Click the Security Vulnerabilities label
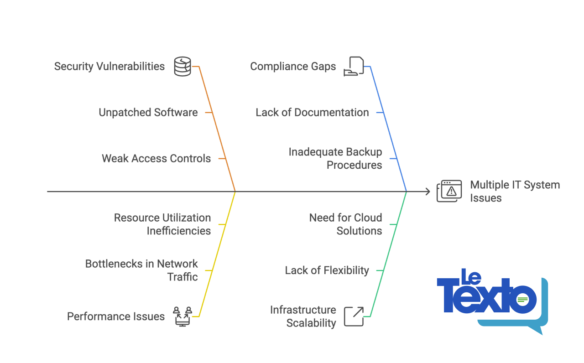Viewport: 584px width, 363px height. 109,66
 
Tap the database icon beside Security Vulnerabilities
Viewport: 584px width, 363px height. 182,67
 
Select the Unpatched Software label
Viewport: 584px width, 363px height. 148,112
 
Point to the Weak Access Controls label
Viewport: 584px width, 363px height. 156,158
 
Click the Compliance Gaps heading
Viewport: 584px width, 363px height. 293,66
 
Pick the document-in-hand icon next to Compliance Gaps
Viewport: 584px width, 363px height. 354,66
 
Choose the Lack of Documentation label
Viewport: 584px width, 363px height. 312,112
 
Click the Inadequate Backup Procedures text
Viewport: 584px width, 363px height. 335,158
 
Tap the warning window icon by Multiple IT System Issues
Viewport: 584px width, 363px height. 449,191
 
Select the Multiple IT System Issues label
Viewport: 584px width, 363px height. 515,191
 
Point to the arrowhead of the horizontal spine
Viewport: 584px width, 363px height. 428,192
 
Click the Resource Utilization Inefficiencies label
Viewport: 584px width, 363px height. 162,224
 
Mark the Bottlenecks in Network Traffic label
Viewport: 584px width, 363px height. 141,270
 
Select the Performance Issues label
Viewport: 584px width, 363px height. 116,316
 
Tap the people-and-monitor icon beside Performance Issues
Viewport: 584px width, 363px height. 182,316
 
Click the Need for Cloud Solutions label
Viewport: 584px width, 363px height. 345,224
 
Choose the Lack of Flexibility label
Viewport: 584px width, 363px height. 327,270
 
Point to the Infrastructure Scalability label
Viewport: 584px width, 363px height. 303,316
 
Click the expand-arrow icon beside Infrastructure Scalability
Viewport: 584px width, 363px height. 354,316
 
